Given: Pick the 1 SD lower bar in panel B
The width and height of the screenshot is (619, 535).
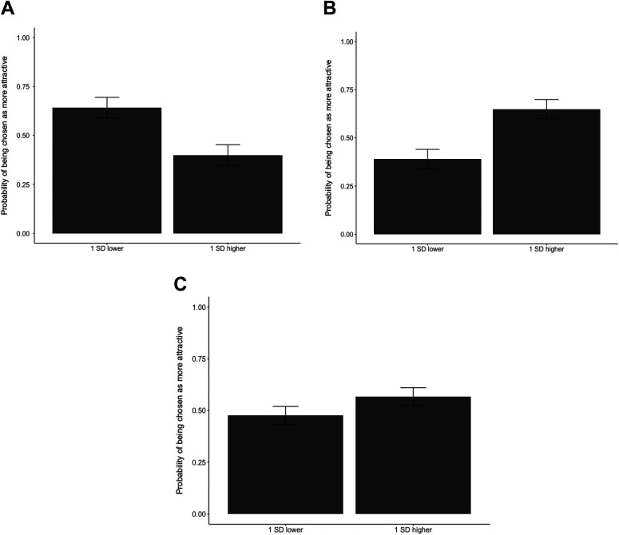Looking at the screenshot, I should (x=427, y=196).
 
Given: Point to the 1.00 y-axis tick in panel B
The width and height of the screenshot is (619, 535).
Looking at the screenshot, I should (x=346, y=42).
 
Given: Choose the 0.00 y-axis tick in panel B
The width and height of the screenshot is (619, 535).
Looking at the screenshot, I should (x=346, y=234).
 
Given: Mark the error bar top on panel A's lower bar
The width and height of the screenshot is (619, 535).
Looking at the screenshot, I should (x=107, y=97).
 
